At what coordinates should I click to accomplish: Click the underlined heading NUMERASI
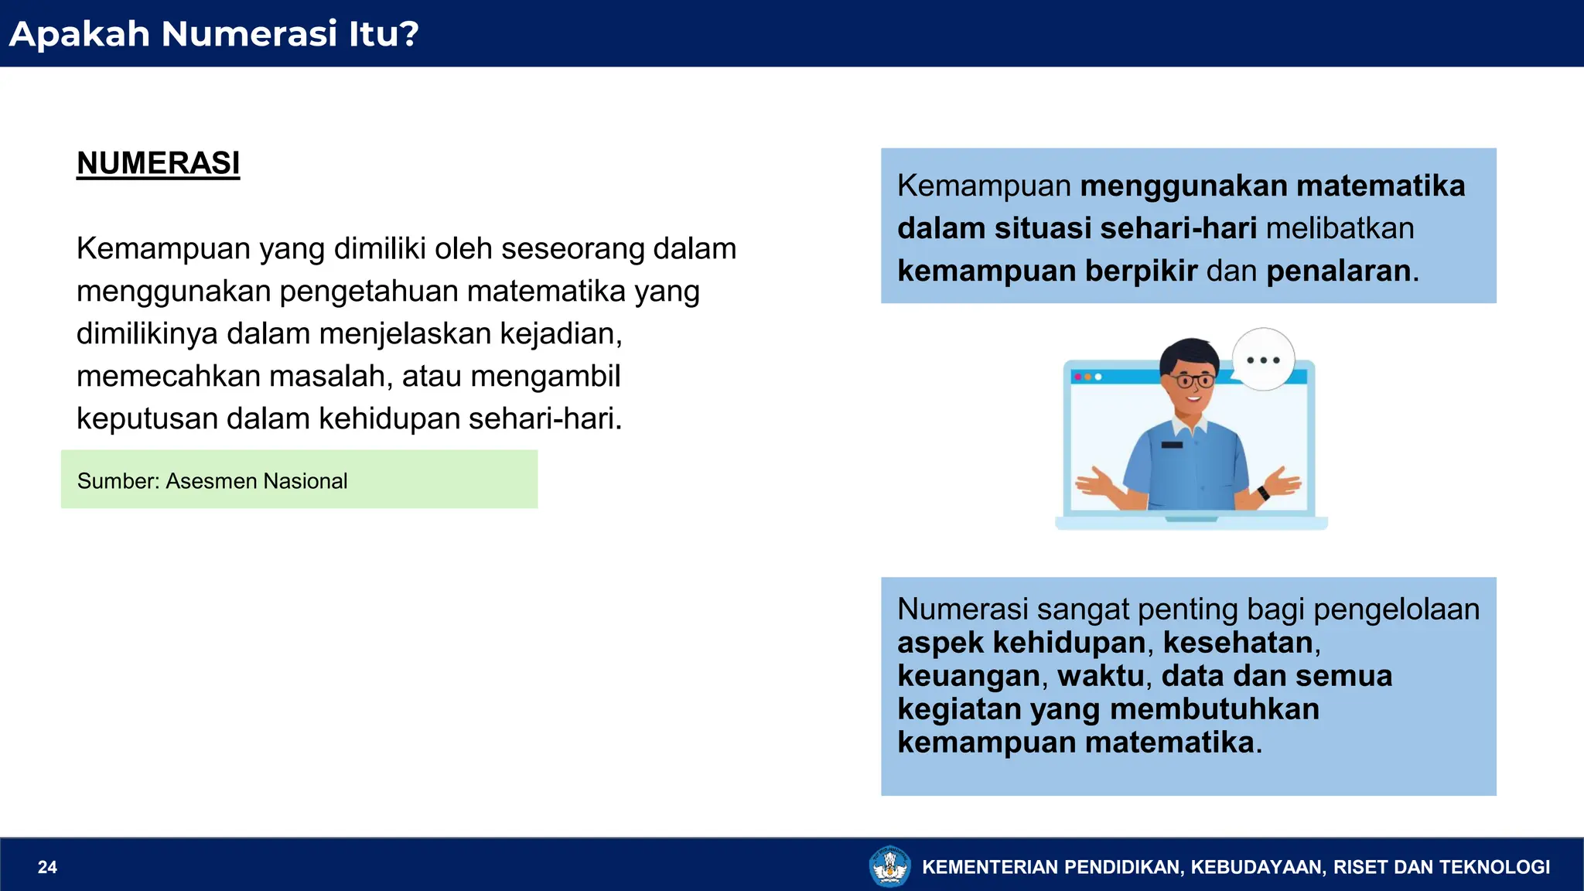(x=158, y=163)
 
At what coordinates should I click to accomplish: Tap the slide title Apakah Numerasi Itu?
(x=213, y=34)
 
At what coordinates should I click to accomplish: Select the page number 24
(x=47, y=867)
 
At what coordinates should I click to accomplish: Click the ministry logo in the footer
(x=890, y=866)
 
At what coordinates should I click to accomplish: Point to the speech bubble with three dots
(x=1263, y=360)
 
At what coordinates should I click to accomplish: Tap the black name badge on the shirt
(x=1172, y=445)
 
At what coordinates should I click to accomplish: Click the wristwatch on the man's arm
(x=1263, y=493)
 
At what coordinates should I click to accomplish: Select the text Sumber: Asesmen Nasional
(x=212, y=481)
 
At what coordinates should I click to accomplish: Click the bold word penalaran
(x=1338, y=271)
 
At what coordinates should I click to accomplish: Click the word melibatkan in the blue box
(x=1340, y=229)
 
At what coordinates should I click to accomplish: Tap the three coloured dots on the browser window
(x=1087, y=377)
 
